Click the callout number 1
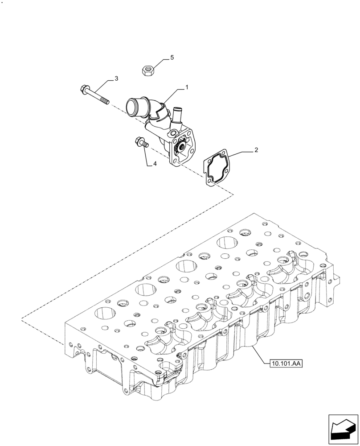pyautogui.click(x=187, y=88)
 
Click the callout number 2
pyautogui.click(x=256, y=151)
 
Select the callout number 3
pyautogui.click(x=116, y=78)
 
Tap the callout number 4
pyautogui.click(x=155, y=164)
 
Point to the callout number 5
pyautogui.click(x=172, y=58)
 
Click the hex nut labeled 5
pyautogui.click(x=147, y=70)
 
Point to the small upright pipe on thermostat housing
pyautogui.click(x=176, y=113)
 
